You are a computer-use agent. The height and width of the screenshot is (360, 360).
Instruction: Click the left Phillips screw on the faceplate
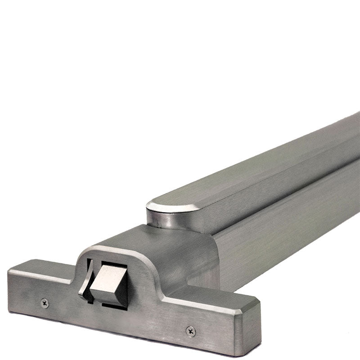tap(45, 303)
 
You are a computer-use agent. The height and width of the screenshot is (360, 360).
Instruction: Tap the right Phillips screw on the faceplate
tap(191, 331)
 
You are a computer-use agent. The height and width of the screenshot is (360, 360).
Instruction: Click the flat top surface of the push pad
tap(252, 171)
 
